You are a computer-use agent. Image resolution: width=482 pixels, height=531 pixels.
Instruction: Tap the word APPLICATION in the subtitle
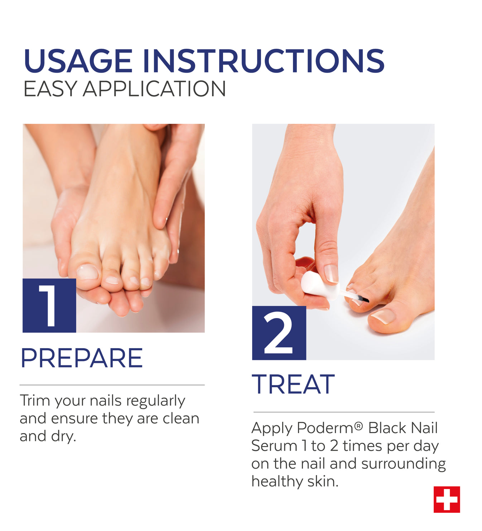154,89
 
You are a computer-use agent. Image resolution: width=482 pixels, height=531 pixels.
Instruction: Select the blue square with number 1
49,305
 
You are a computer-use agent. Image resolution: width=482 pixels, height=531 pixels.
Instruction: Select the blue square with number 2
279,333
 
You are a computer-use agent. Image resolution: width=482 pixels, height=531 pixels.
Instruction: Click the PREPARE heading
82,358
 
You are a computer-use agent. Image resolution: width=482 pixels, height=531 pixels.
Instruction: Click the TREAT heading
293,384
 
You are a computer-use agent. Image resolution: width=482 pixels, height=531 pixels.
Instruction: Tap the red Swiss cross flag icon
447,499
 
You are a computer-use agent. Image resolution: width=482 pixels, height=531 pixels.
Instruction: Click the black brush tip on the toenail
364,299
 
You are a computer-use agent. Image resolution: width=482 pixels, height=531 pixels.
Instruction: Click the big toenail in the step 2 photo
383,316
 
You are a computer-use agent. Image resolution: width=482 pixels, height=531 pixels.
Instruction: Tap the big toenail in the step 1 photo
87,272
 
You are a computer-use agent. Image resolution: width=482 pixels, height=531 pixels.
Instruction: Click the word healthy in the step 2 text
278,482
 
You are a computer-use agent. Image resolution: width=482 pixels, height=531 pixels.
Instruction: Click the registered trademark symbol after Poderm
358,426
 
